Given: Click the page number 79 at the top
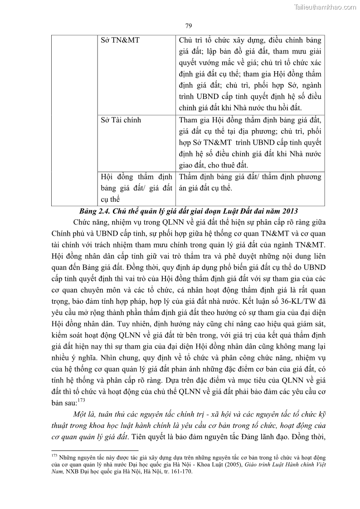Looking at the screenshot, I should [x=189, y=25].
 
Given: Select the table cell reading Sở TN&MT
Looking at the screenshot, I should [x=120, y=40].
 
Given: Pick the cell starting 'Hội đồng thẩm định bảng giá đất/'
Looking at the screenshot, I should [x=136, y=188].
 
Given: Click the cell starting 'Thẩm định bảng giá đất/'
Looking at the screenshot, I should [x=250, y=182].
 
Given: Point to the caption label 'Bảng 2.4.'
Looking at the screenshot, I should [x=93, y=211].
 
